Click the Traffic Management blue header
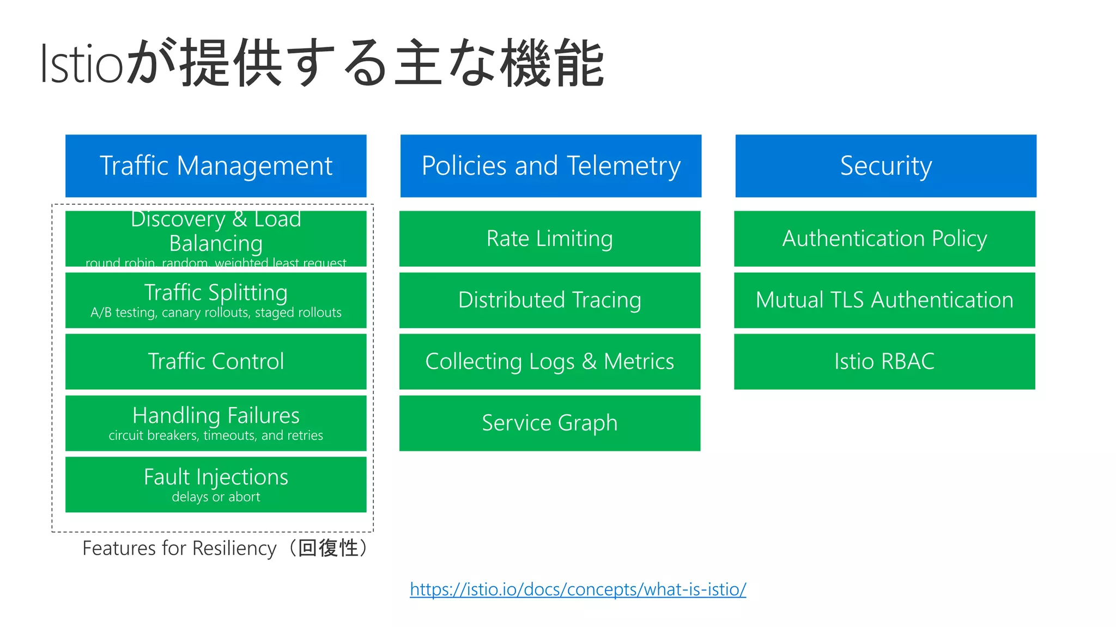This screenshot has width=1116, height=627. [x=216, y=166]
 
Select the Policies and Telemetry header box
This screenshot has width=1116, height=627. [x=550, y=166]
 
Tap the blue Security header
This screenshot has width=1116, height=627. [x=885, y=166]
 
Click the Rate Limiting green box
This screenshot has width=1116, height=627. [x=549, y=238]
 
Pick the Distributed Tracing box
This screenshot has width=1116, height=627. [x=549, y=300]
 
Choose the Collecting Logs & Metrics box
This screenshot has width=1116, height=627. [x=549, y=361]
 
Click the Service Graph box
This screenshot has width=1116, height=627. [x=549, y=423]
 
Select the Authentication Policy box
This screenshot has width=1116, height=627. [x=884, y=238]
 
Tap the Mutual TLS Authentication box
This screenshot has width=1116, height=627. [x=884, y=300]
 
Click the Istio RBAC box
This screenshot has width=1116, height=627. [x=884, y=361]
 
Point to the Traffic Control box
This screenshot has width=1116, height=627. [x=216, y=361]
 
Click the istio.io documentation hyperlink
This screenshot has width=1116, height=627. [x=578, y=589]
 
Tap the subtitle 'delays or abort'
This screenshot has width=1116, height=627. [x=216, y=497]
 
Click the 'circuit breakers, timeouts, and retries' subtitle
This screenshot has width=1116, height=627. [x=216, y=435]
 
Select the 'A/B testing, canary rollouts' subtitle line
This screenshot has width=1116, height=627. [x=216, y=313]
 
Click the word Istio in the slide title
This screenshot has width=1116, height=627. [x=82, y=64]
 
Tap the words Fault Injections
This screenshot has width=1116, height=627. [x=216, y=477]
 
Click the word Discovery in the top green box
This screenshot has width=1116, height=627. [x=178, y=219]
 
